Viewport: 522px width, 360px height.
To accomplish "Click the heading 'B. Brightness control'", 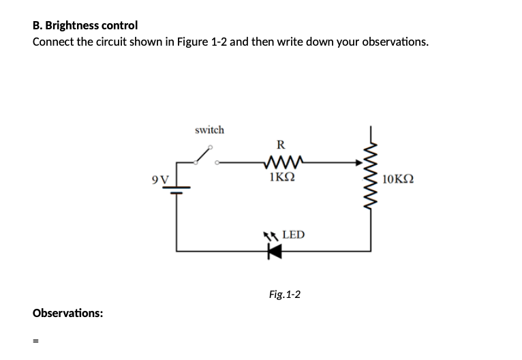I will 85,25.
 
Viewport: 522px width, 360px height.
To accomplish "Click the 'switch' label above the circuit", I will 209,130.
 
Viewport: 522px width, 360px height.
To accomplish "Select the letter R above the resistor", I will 281,145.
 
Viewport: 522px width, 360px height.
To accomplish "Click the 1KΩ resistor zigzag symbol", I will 281,162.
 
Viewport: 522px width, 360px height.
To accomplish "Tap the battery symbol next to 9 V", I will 178,188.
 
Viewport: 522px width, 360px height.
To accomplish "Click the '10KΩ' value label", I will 398,180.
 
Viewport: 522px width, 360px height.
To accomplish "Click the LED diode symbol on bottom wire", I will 274,252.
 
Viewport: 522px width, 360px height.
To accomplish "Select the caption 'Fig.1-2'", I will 285,295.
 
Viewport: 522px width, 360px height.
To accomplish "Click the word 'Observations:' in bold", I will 68,313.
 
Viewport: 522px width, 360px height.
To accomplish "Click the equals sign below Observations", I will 36,344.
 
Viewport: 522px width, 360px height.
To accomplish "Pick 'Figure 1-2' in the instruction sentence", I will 201,42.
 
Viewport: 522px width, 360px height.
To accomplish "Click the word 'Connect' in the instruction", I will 55,42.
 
